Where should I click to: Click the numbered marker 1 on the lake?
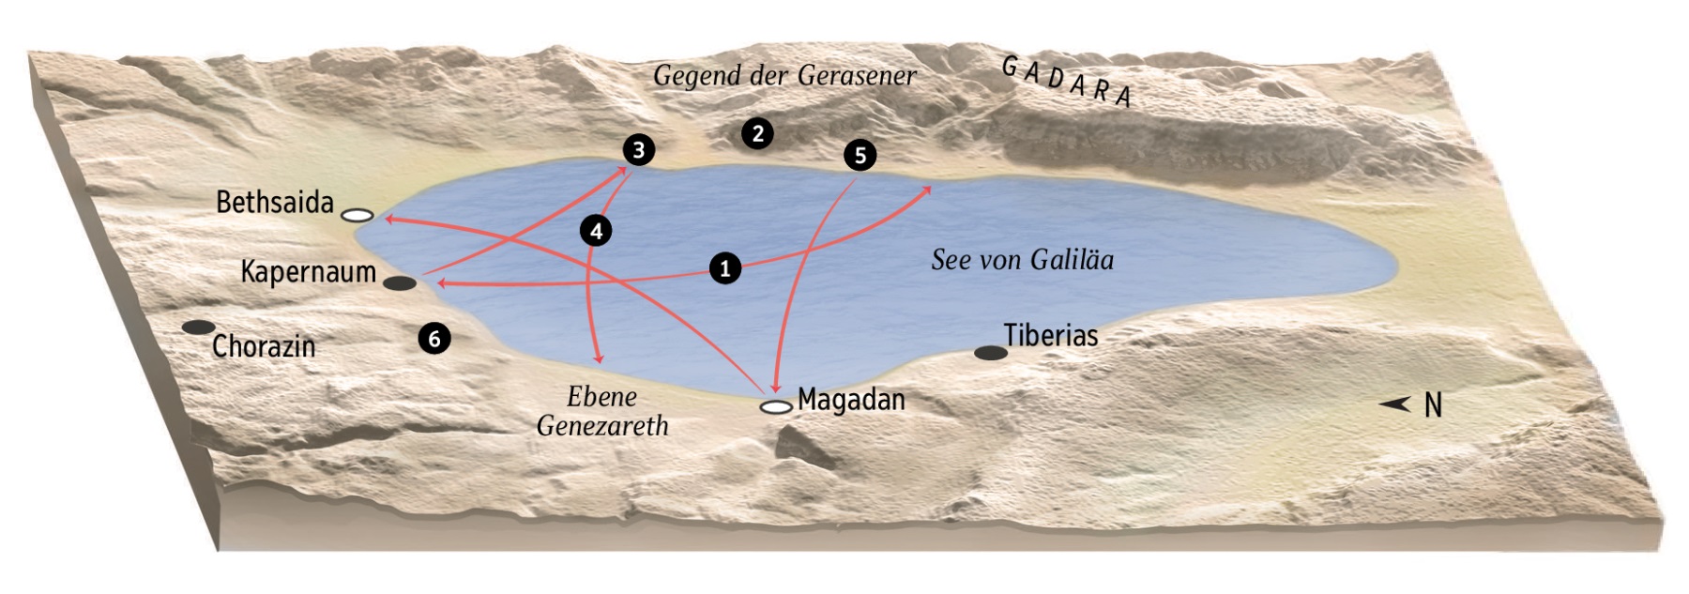point(724,268)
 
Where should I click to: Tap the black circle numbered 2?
point(757,133)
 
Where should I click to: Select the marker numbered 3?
point(639,149)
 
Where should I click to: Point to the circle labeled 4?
point(596,230)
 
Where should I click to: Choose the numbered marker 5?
point(860,155)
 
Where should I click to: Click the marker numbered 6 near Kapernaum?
point(434,338)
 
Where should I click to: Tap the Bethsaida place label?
point(275,202)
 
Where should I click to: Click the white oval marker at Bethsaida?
point(358,216)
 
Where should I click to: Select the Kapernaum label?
point(308,272)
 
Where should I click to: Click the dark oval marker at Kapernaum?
point(401,283)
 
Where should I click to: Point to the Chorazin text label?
point(264,346)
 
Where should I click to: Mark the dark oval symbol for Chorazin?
point(198,327)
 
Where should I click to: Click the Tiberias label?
point(1051,335)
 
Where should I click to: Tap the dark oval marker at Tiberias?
point(991,353)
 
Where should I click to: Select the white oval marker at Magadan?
point(776,407)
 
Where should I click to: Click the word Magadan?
point(851,400)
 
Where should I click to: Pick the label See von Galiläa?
point(1022,260)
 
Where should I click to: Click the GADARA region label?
point(1067,82)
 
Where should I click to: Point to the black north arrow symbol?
point(1395,404)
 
